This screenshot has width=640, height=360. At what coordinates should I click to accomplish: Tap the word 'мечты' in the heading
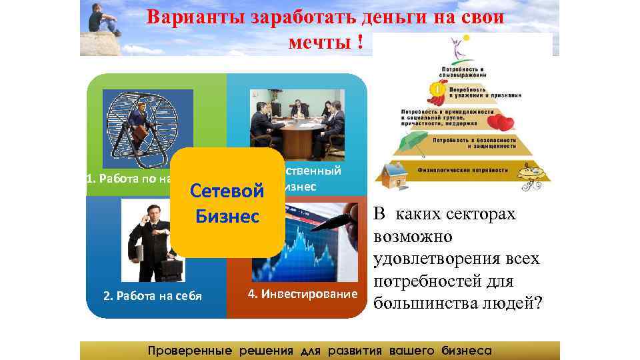click(320, 43)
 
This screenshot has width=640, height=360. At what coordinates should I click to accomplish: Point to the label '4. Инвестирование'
click(302, 293)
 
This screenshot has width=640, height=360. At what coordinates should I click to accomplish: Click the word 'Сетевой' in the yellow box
click(227, 191)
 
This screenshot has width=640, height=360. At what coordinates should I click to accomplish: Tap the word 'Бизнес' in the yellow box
click(227, 217)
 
